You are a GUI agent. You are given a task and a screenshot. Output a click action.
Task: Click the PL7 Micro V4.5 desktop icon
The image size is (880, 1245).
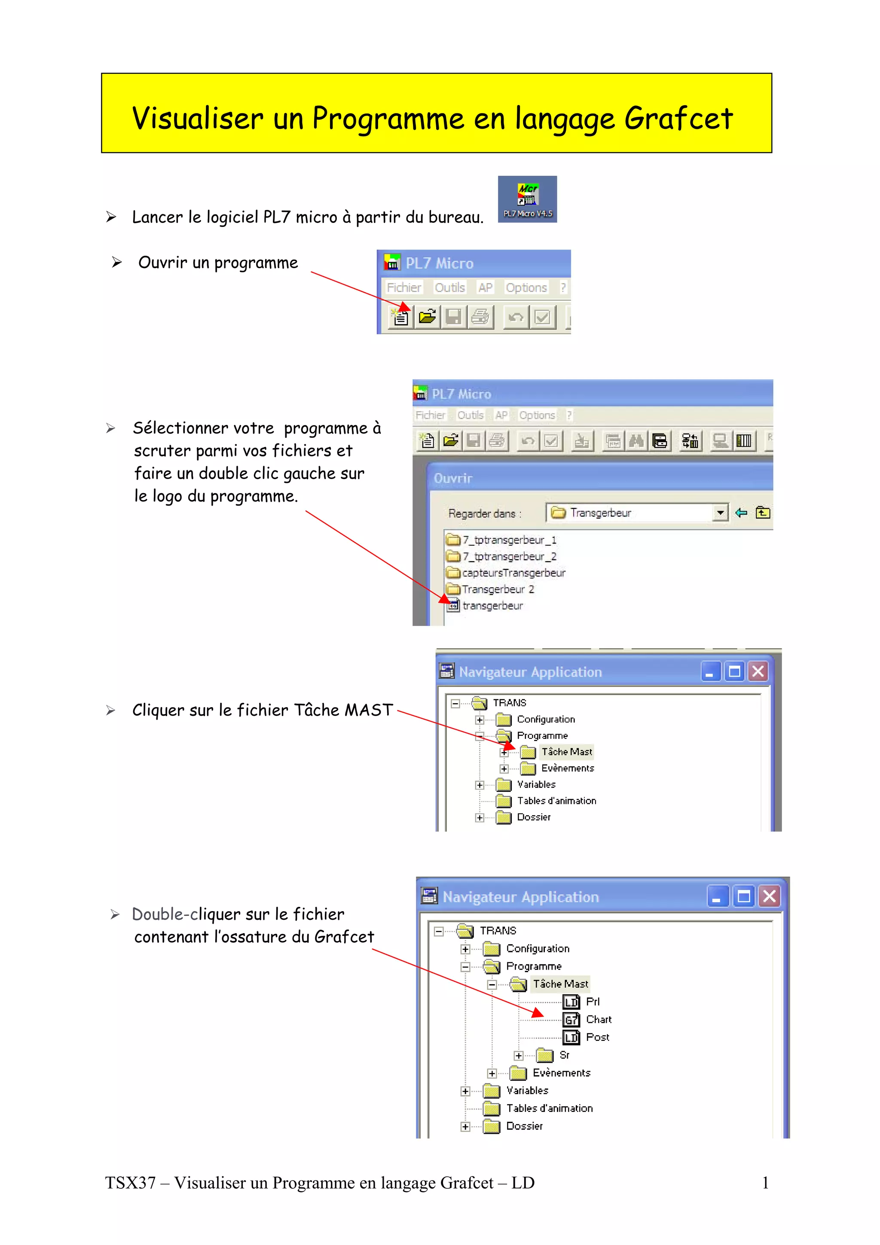coord(527,198)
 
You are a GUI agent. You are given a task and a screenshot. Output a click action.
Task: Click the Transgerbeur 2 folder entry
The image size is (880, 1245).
coord(497,589)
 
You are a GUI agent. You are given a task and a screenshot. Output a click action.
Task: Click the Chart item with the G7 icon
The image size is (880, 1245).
coord(598,1019)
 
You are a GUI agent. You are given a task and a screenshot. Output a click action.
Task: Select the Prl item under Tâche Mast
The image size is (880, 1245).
coord(592,1001)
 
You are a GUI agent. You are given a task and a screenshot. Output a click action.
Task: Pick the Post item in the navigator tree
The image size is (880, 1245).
coord(597,1037)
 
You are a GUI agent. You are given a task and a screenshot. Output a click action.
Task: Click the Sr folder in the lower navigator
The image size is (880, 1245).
coord(563,1055)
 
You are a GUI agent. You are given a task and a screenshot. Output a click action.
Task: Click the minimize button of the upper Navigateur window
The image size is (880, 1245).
coord(710,672)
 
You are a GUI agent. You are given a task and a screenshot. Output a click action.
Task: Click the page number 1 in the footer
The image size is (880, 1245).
coord(765,1183)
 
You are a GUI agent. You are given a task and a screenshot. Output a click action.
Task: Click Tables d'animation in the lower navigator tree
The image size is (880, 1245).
coord(549,1108)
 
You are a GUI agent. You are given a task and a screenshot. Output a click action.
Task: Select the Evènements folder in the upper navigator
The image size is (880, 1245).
coord(567,769)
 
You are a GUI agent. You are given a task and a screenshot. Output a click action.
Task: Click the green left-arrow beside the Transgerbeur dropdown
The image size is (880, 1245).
coord(741,513)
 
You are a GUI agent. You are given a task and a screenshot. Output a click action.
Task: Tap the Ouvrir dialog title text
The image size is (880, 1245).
coord(453,478)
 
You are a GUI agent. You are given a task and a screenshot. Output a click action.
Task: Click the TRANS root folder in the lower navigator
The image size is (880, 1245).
coord(497,931)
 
